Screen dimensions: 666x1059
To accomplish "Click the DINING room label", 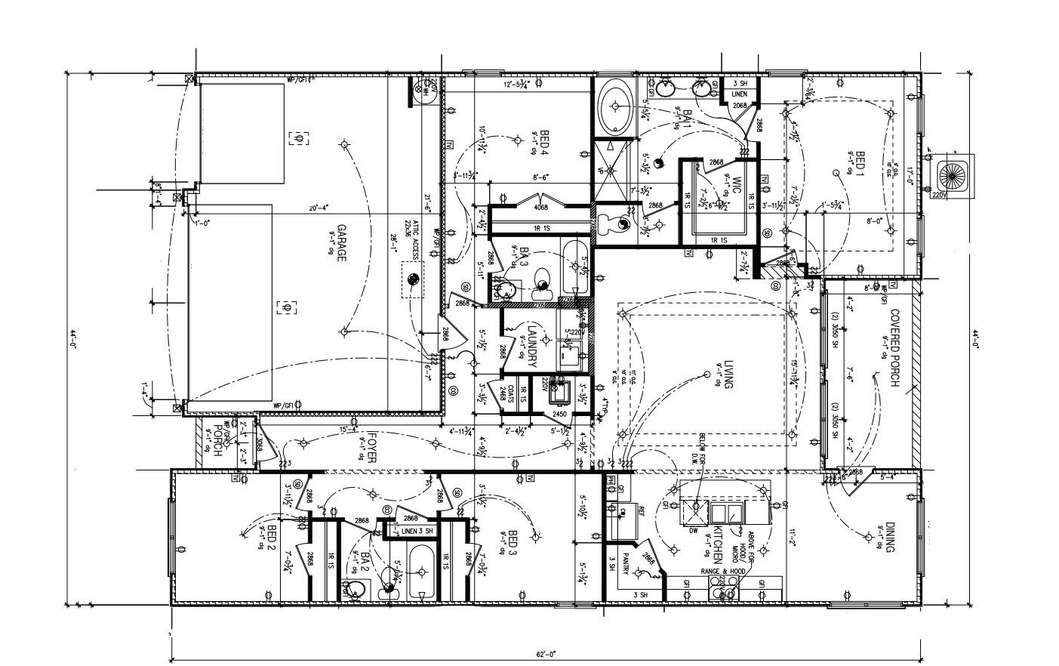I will (x=890, y=538).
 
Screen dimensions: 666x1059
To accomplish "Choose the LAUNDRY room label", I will (x=531, y=346).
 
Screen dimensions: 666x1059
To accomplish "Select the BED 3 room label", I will (x=513, y=543).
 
